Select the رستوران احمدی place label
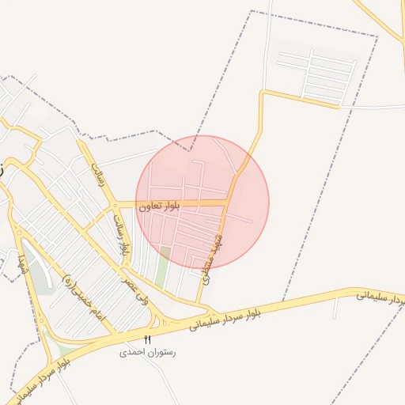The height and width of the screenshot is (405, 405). (x=147, y=352)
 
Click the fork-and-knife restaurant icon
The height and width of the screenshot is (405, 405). (x=147, y=339)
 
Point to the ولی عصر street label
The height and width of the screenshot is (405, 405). (x=135, y=292)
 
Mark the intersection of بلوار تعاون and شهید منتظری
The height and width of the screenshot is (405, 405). (x=228, y=204)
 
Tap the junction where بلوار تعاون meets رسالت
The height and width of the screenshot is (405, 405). (x=115, y=204)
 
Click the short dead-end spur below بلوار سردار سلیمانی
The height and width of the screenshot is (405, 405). (x=335, y=307)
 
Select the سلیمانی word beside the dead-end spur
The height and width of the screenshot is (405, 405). (x=372, y=295)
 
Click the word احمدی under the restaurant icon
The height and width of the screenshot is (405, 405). (x=133, y=352)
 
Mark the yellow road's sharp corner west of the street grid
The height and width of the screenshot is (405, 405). (x=263, y=93)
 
